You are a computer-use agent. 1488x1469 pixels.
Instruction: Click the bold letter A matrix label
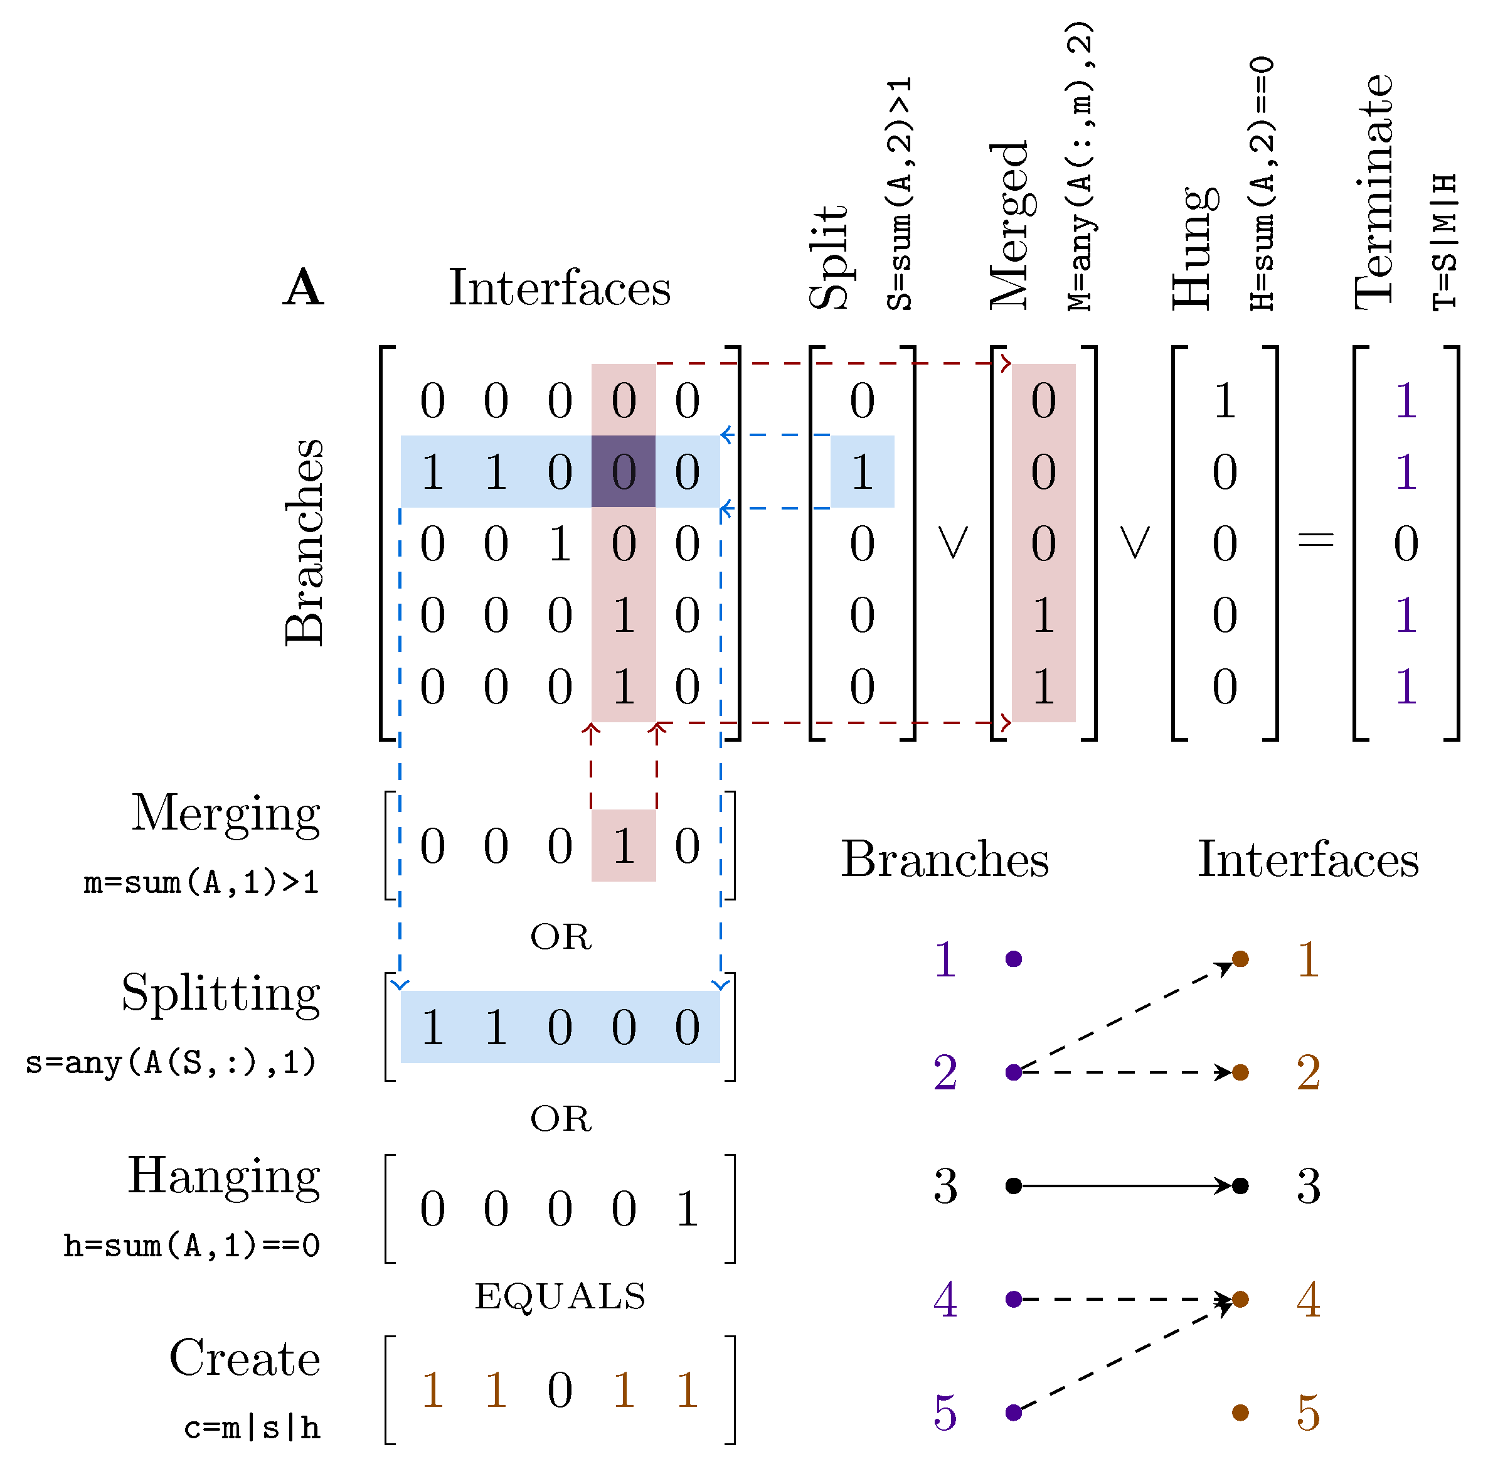pyautogui.click(x=304, y=288)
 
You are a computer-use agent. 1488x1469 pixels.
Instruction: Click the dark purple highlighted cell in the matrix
pyautogui.click(x=623, y=471)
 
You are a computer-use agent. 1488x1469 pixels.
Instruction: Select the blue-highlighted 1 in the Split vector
pyautogui.click(x=862, y=471)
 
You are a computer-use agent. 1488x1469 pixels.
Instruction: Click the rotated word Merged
pyautogui.click(x=1009, y=225)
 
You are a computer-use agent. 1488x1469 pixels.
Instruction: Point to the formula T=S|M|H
pyautogui.click(x=1445, y=242)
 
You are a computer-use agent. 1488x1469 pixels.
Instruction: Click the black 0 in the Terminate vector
pyautogui.click(x=1406, y=544)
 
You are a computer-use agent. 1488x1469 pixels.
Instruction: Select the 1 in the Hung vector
pyautogui.click(x=1225, y=400)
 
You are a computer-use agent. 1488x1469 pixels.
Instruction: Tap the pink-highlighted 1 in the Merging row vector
pyautogui.click(x=623, y=846)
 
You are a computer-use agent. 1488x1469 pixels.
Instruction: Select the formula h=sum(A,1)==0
pyautogui.click(x=192, y=1246)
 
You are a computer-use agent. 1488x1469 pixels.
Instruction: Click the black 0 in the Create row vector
pyautogui.click(x=560, y=1391)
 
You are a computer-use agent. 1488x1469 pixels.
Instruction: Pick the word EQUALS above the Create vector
pyautogui.click(x=560, y=1296)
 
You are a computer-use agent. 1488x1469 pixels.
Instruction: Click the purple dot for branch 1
pyautogui.click(x=1014, y=959)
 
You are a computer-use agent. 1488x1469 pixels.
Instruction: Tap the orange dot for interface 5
pyautogui.click(x=1240, y=1412)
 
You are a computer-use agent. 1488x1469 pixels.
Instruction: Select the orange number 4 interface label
pyautogui.click(x=1308, y=1300)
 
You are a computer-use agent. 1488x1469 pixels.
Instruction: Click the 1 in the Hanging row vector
pyautogui.click(x=687, y=1209)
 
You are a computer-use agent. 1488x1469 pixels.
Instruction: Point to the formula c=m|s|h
pyautogui.click(x=252, y=1428)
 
